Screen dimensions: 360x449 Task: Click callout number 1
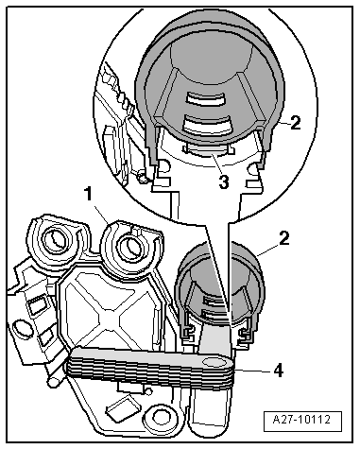click(x=89, y=194)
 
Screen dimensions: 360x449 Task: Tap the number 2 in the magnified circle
click(x=295, y=123)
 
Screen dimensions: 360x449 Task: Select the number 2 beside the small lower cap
click(x=283, y=238)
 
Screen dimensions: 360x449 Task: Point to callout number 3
click(x=224, y=181)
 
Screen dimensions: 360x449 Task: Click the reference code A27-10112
click(x=301, y=420)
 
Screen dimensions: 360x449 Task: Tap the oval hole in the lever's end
click(x=214, y=362)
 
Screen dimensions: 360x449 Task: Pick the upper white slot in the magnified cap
click(x=205, y=99)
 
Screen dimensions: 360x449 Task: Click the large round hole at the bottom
click(x=161, y=418)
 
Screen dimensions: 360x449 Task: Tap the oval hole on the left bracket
click(x=21, y=328)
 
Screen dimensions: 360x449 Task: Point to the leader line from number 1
click(x=100, y=213)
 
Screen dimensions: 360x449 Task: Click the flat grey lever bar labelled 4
click(x=150, y=364)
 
